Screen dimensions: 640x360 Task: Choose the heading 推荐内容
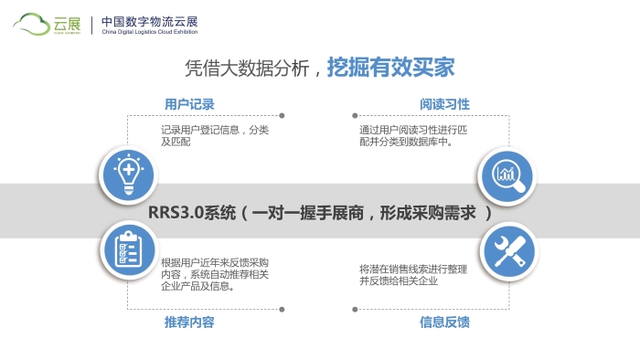tap(189, 322)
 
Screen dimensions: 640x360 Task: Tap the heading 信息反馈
tap(444, 322)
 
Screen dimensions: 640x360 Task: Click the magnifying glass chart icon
tap(508, 174)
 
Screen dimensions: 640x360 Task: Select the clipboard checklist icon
tap(126, 249)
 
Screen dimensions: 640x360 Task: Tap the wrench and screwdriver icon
tap(508, 249)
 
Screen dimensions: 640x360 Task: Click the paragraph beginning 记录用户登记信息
tap(215, 136)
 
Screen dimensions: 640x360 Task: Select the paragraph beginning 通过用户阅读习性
tap(413, 136)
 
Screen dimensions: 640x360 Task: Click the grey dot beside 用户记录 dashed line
tap(281, 116)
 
